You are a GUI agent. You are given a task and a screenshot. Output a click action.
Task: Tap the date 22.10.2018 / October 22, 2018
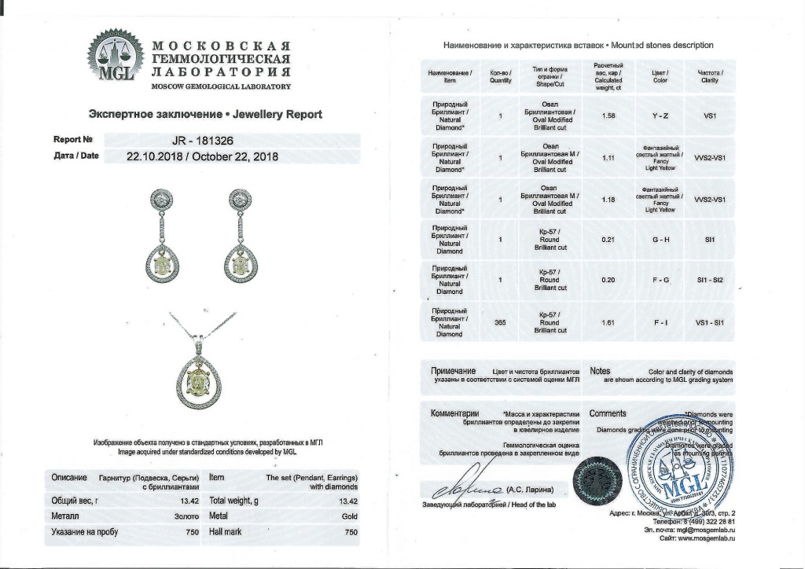point(202,156)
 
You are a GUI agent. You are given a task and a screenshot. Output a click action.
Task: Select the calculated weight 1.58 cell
point(608,116)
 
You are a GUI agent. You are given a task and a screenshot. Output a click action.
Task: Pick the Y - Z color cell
point(660,116)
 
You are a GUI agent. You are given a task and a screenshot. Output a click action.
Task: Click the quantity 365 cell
point(499,321)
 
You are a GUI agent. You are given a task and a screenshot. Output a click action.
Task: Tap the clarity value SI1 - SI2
point(709,280)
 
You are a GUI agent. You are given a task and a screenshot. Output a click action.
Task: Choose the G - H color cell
point(660,239)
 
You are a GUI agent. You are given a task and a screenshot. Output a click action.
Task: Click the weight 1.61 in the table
point(608,321)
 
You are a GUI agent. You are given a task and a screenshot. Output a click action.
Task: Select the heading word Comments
point(608,413)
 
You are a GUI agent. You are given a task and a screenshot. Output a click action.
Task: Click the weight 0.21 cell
point(608,239)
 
